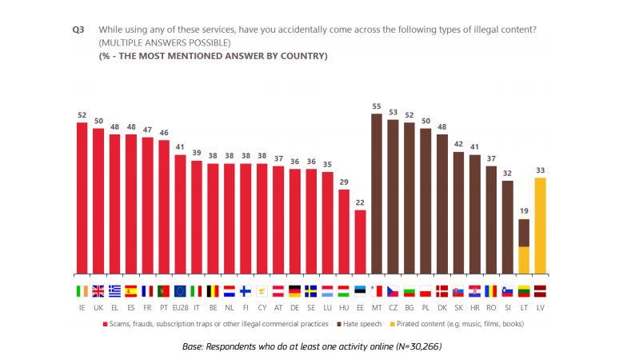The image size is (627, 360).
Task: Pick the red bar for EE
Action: click(360, 241)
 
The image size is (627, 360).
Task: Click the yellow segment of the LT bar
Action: click(524, 259)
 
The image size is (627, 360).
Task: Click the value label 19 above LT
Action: click(524, 211)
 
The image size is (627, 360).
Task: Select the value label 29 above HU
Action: click(344, 182)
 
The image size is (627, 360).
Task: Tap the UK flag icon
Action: click(98, 290)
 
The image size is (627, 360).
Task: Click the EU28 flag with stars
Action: click(180, 290)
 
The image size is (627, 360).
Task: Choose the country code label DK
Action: click(441, 307)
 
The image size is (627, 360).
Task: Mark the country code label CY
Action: click(262, 307)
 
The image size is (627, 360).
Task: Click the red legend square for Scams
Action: click(105, 323)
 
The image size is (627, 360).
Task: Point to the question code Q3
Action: click(78, 30)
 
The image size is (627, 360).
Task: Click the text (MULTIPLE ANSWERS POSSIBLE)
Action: click(165, 42)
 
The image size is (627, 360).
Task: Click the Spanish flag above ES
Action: click(131, 290)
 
